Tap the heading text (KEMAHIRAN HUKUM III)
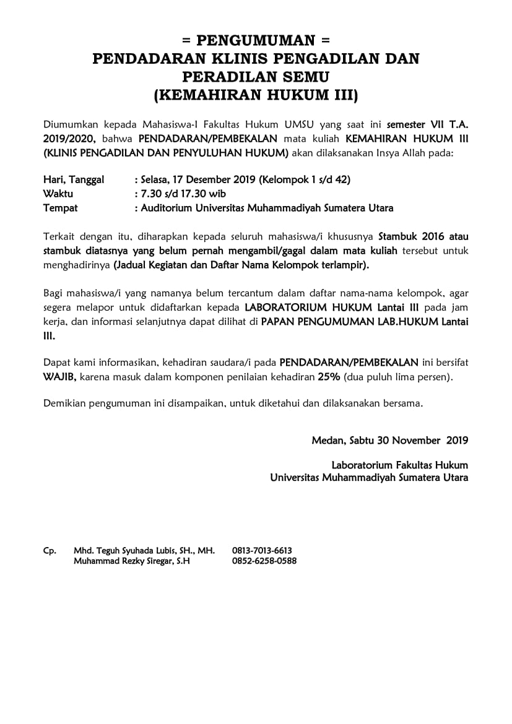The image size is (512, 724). [256, 95]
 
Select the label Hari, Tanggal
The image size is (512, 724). [74, 180]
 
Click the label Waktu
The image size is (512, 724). [58, 194]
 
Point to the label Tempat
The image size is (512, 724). [60, 208]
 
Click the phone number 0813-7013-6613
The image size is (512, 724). [262, 550]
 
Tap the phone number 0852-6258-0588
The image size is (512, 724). [264, 561]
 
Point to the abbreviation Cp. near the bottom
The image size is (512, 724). [50, 550]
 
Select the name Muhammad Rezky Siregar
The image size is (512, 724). [124, 561]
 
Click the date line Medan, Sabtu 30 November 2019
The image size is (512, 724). [389, 441]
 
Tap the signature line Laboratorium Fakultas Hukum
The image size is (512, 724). [399, 465]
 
